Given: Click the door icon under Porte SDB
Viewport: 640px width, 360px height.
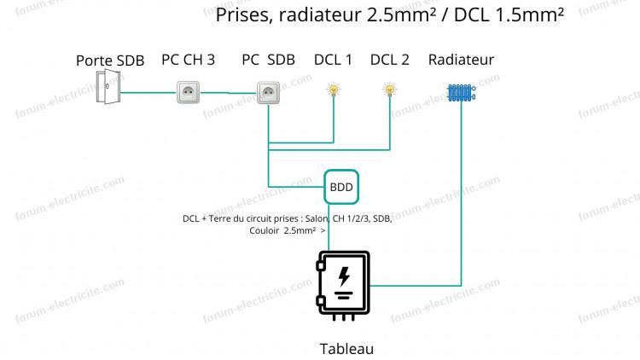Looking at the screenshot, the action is [x=108, y=86].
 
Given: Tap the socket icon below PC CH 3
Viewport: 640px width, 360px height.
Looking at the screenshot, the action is [x=189, y=92].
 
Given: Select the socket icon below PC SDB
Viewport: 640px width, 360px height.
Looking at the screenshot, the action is [x=268, y=93].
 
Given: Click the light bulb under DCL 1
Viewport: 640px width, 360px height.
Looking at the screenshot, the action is [x=334, y=90].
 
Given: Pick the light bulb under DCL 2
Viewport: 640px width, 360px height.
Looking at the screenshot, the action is [x=389, y=90].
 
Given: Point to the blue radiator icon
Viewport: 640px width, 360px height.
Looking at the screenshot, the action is [x=461, y=93].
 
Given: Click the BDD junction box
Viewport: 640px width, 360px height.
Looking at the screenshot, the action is [x=341, y=187].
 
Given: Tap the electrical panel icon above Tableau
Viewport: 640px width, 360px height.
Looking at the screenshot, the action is [x=343, y=285].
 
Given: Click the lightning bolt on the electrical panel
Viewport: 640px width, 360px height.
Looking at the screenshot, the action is [x=344, y=276].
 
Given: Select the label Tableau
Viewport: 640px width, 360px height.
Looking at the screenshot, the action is [x=346, y=349].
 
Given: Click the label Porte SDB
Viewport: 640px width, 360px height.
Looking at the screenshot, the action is [x=110, y=61].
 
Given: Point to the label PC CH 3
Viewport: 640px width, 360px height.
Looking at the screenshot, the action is [x=189, y=60].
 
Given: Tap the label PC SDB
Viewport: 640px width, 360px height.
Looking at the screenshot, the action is [x=268, y=60].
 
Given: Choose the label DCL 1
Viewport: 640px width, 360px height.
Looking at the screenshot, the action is [x=333, y=60].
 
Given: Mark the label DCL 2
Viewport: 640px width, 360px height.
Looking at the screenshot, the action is [x=389, y=60].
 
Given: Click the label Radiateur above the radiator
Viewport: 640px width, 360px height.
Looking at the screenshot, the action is [x=461, y=60].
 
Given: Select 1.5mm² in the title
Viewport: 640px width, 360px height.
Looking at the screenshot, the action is [x=530, y=15].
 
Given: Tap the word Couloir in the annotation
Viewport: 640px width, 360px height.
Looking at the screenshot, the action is [x=264, y=230].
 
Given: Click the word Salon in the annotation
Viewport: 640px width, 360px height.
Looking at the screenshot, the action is [x=317, y=218].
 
